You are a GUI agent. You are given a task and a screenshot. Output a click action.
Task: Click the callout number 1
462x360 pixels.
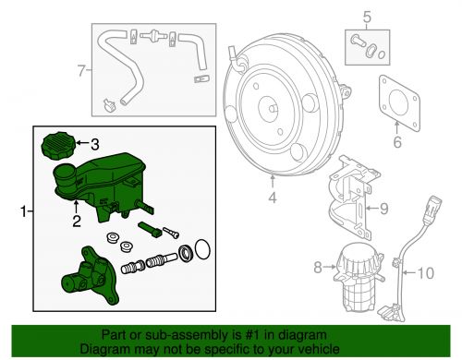22,213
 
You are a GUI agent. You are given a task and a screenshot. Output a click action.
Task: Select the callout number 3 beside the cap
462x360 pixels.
93,143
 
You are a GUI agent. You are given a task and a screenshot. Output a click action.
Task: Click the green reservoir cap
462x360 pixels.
57,145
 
